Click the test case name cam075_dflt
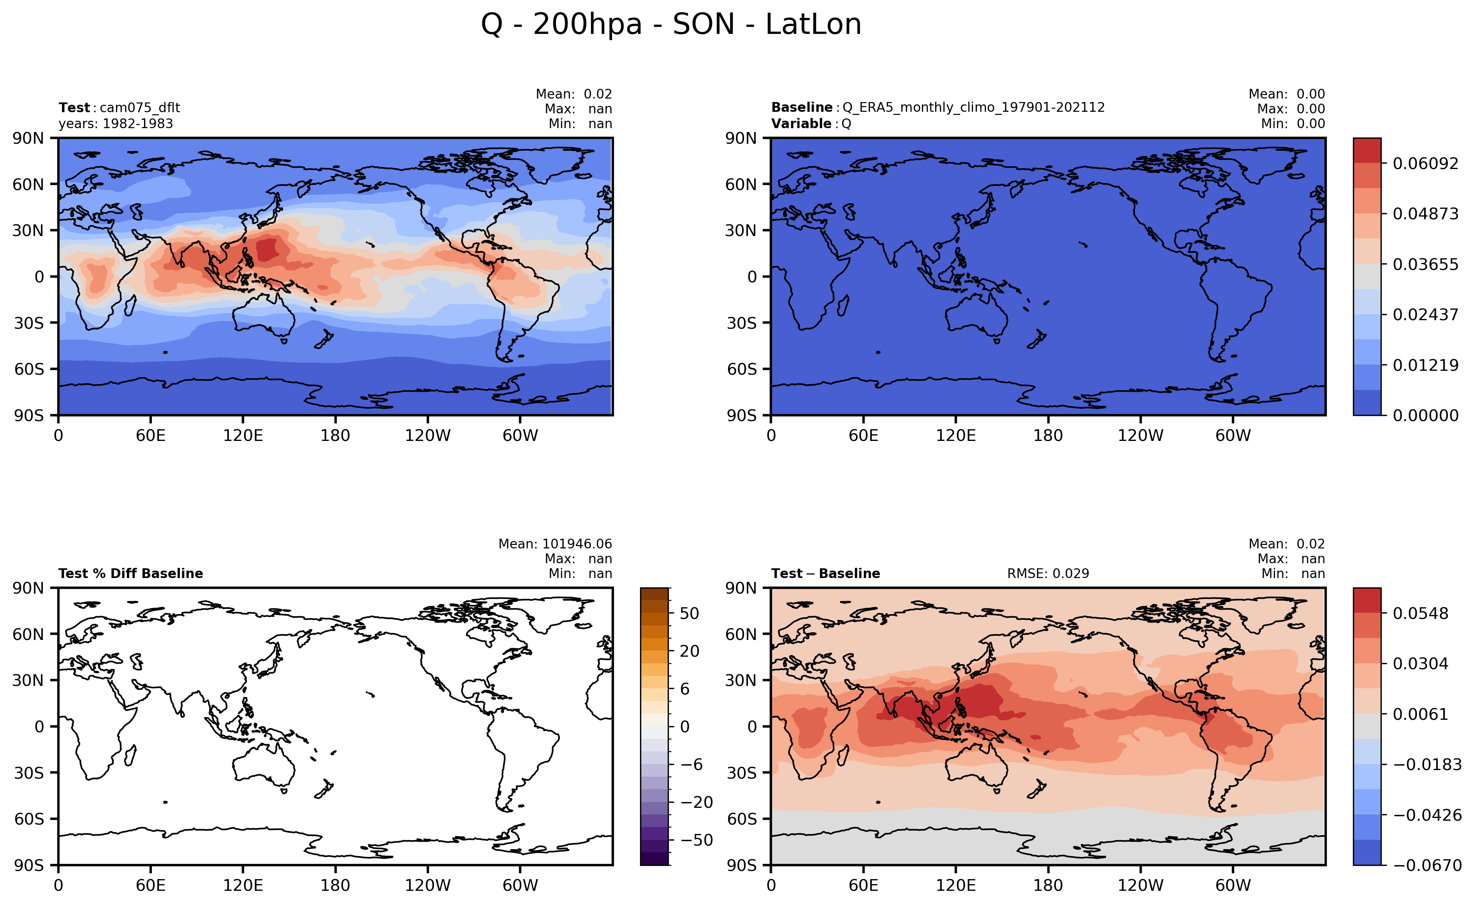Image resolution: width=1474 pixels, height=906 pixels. tap(139, 108)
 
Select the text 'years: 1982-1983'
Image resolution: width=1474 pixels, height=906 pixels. tap(116, 123)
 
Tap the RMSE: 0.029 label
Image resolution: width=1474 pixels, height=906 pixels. tap(1048, 573)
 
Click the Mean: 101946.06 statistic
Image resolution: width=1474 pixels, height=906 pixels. tap(555, 544)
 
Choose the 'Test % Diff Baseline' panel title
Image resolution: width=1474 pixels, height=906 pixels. tap(130, 573)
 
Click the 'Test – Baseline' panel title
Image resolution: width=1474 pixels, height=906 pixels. tap(825, 573)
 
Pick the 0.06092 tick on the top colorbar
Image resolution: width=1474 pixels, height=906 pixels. tap(1425, 164)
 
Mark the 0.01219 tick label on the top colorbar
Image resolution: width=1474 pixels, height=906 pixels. tap(1425, 365)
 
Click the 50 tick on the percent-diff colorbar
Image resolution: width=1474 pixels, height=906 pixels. tap(690, 613)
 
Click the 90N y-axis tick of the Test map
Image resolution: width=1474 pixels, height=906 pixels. tap(28, 138)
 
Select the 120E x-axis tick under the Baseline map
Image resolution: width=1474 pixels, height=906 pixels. tap(955, 435)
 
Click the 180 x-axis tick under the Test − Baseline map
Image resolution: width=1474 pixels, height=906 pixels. tap(1048, 886)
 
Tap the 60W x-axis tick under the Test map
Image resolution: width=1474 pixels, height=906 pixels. tap(520, 435)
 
